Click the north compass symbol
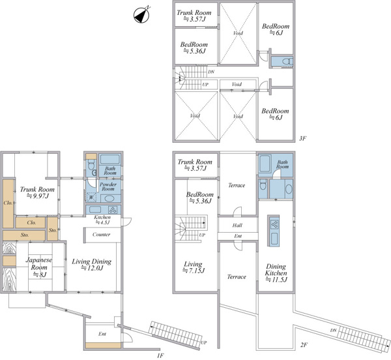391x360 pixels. click(141, 15)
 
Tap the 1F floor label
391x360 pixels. click(160, 355)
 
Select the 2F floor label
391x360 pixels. click(304, 345)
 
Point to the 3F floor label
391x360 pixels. click(303, 138)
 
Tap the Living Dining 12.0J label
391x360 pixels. click(91, 265)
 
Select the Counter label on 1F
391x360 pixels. click(101, 235)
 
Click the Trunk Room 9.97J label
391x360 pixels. click(37, 192)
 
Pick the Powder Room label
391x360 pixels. click(108, 187)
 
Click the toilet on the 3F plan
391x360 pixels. click(288, 61)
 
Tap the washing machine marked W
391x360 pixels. click(91, 197)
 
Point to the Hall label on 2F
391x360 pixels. click(237, 225)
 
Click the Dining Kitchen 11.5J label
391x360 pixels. click(276, 273)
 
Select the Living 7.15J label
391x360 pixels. click(194, 267)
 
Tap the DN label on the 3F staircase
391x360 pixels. click(211, 72)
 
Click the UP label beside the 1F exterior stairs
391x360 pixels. click(204, 342)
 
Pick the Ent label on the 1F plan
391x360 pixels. click(102, 334)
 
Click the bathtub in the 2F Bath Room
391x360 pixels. click(265, 164)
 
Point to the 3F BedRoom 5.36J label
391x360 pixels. click(194, 48)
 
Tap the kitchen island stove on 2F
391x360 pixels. click(274, 224)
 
